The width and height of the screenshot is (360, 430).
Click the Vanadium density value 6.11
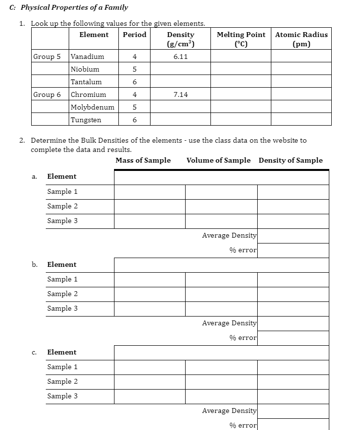180,56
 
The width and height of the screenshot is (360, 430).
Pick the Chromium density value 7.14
180,94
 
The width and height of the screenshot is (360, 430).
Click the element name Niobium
85,69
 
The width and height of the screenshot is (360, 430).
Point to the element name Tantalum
86,82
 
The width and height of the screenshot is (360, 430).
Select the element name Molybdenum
93,107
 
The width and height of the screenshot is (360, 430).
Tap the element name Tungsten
86,120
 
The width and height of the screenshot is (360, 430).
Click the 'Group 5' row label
47,56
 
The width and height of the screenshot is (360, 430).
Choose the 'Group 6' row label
47,94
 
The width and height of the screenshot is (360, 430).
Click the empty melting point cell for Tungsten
241,120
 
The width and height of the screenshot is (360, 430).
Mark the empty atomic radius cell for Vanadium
301,56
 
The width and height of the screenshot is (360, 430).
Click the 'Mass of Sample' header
143,160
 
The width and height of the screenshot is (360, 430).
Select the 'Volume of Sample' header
218,160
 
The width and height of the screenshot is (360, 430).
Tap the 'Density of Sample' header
290,160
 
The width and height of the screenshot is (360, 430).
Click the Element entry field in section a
221,177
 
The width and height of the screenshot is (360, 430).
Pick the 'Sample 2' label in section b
62,294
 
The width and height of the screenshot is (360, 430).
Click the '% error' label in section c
243,425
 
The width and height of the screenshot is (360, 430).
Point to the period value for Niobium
134,69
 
